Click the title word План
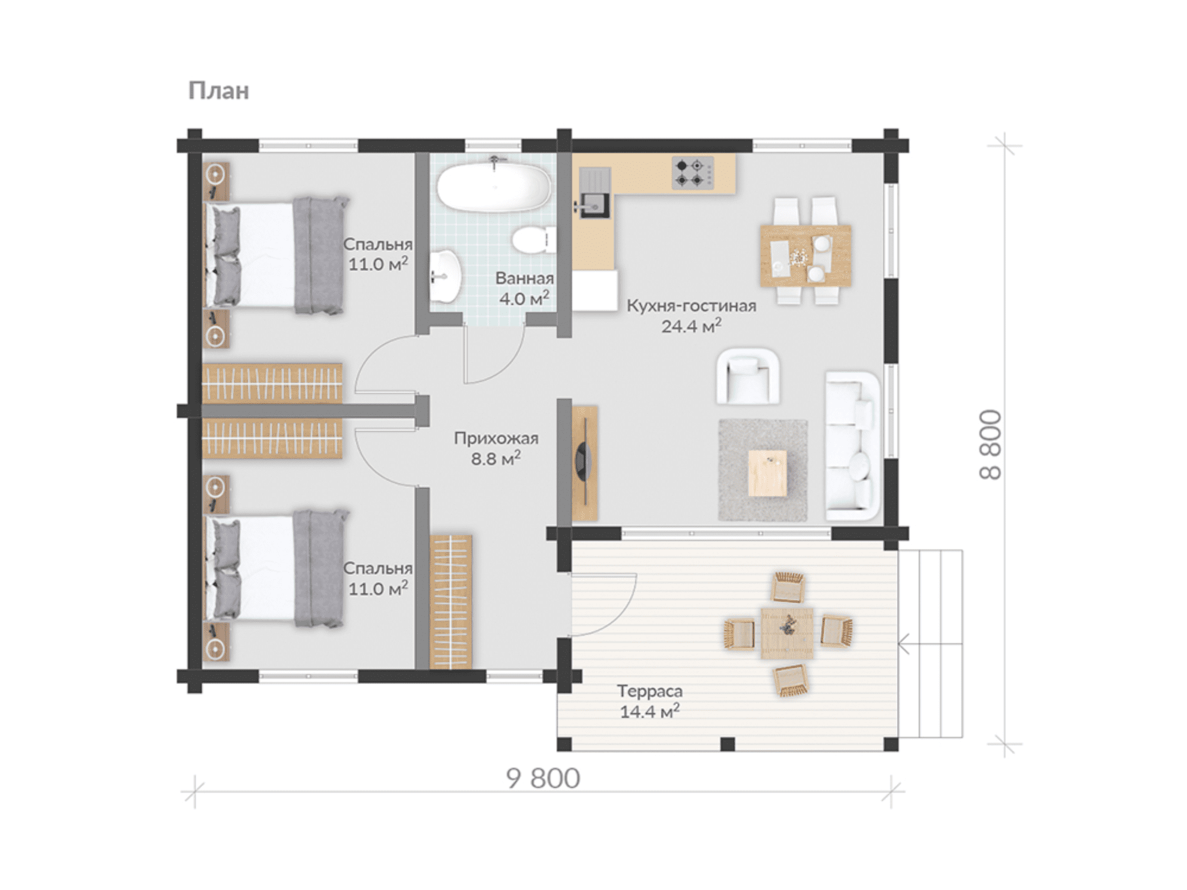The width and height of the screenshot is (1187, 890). tap(218, 91)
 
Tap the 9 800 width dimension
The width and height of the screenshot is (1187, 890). tap(543, 778)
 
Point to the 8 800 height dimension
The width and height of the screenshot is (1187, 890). tap(991, 444)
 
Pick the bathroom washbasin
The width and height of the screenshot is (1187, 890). tap(445, 275)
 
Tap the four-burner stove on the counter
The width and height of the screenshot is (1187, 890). tap(693, 173)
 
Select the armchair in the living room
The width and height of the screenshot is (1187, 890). tap(748, 376)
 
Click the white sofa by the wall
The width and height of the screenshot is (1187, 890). tap(852, 446)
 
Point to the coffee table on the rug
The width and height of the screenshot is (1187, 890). tap(767, 473)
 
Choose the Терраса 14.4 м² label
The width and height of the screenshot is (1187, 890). tap(650, 701)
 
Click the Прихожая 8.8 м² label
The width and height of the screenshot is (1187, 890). tap(496, 448)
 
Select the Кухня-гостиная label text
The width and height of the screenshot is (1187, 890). tap(691, 306)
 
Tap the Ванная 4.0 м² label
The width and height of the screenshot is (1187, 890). tap(525, 288)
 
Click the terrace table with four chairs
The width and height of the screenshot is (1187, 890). tap(788, 633)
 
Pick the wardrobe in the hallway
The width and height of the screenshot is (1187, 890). tap(450, 602)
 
